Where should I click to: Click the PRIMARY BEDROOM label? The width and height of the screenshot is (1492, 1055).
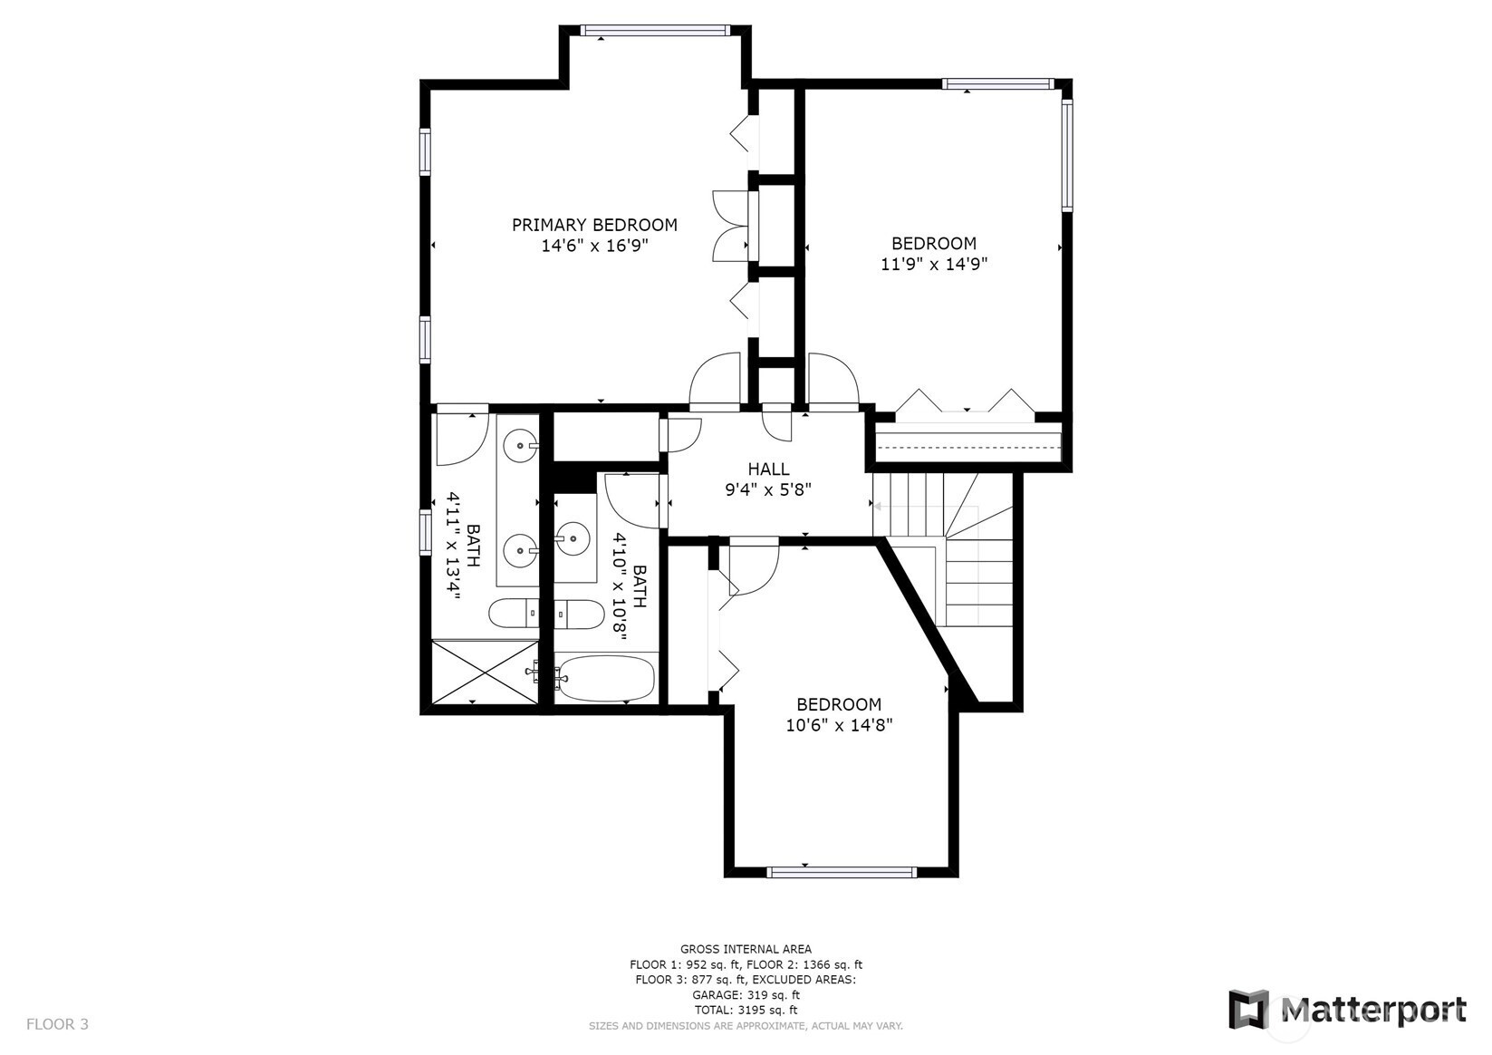pyautogui.click(x=594, y=225)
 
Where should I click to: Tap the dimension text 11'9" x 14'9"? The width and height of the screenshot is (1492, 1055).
pyautogui.click(x=934, y=265)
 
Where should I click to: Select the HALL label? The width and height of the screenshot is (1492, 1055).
pyautogui.click(x=768, y=469)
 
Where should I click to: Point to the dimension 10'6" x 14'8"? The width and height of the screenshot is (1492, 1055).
pyautogui.click(x=839, y=725)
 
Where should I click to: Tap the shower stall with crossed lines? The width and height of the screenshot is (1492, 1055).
pyautogui.click(x=485, y=671)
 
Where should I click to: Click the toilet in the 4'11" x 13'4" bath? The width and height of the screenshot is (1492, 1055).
pyautogui.click(x=514, y=613)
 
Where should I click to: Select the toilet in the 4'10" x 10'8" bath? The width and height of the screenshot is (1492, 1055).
pyautogui.click(x=579, y=614)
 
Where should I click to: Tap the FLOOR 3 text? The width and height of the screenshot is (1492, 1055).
pyautogui.click(x=57, y=1024)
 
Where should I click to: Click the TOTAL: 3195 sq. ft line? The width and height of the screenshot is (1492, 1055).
pyautogui.click(x=746, y=1011)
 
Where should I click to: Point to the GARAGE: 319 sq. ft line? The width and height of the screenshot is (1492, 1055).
pyautogui.click(x=746, y=995)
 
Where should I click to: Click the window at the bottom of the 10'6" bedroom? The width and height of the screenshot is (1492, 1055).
pyautogui.click(x=842, y=873)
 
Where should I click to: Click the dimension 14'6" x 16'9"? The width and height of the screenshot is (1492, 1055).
pyautogui.click(x=594, y=246)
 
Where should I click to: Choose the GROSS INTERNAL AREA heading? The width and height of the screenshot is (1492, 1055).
pyautogui.click(x=746, y=949)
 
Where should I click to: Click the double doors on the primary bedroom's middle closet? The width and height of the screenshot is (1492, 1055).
pyautogui.click(x=731, y=226)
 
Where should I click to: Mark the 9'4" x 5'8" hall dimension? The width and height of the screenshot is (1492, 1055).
pyautogui.click(x=768, y=490)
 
